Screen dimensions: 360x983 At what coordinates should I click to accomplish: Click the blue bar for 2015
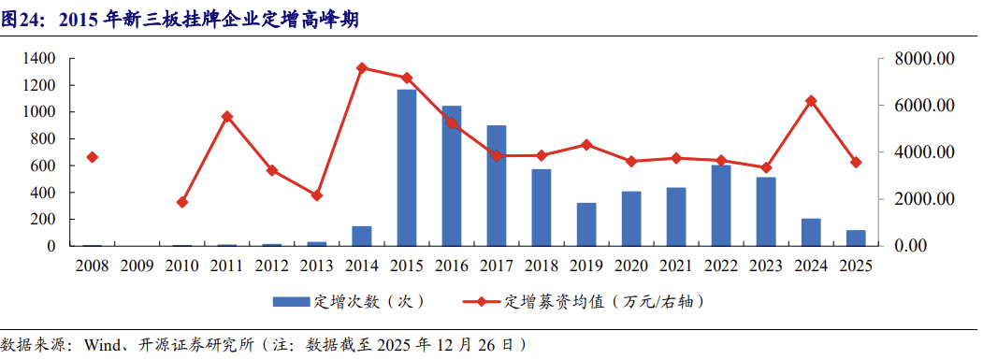coord(407,168)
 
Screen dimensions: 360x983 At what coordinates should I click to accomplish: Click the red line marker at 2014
coord(361,67)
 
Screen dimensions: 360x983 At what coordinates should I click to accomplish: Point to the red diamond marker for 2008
coord(92,157)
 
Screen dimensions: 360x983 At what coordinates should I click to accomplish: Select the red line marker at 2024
coord(811,101)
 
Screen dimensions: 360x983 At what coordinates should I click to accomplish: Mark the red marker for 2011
coord(226,117)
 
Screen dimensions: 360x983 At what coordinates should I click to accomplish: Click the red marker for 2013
coord(316,195)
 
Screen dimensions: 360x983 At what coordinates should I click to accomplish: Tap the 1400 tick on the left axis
coord(38,59)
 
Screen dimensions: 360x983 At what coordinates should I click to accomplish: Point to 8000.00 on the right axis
coord(923,59)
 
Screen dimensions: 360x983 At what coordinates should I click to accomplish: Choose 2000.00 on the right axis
coord(923,199)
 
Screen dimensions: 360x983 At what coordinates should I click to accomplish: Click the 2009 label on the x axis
coord(137,266)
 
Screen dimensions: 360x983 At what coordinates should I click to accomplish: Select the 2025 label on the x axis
coord(856,266)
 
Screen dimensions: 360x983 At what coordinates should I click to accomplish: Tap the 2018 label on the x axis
coord(542,266)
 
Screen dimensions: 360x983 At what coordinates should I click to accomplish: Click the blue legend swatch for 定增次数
coord(291,302)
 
